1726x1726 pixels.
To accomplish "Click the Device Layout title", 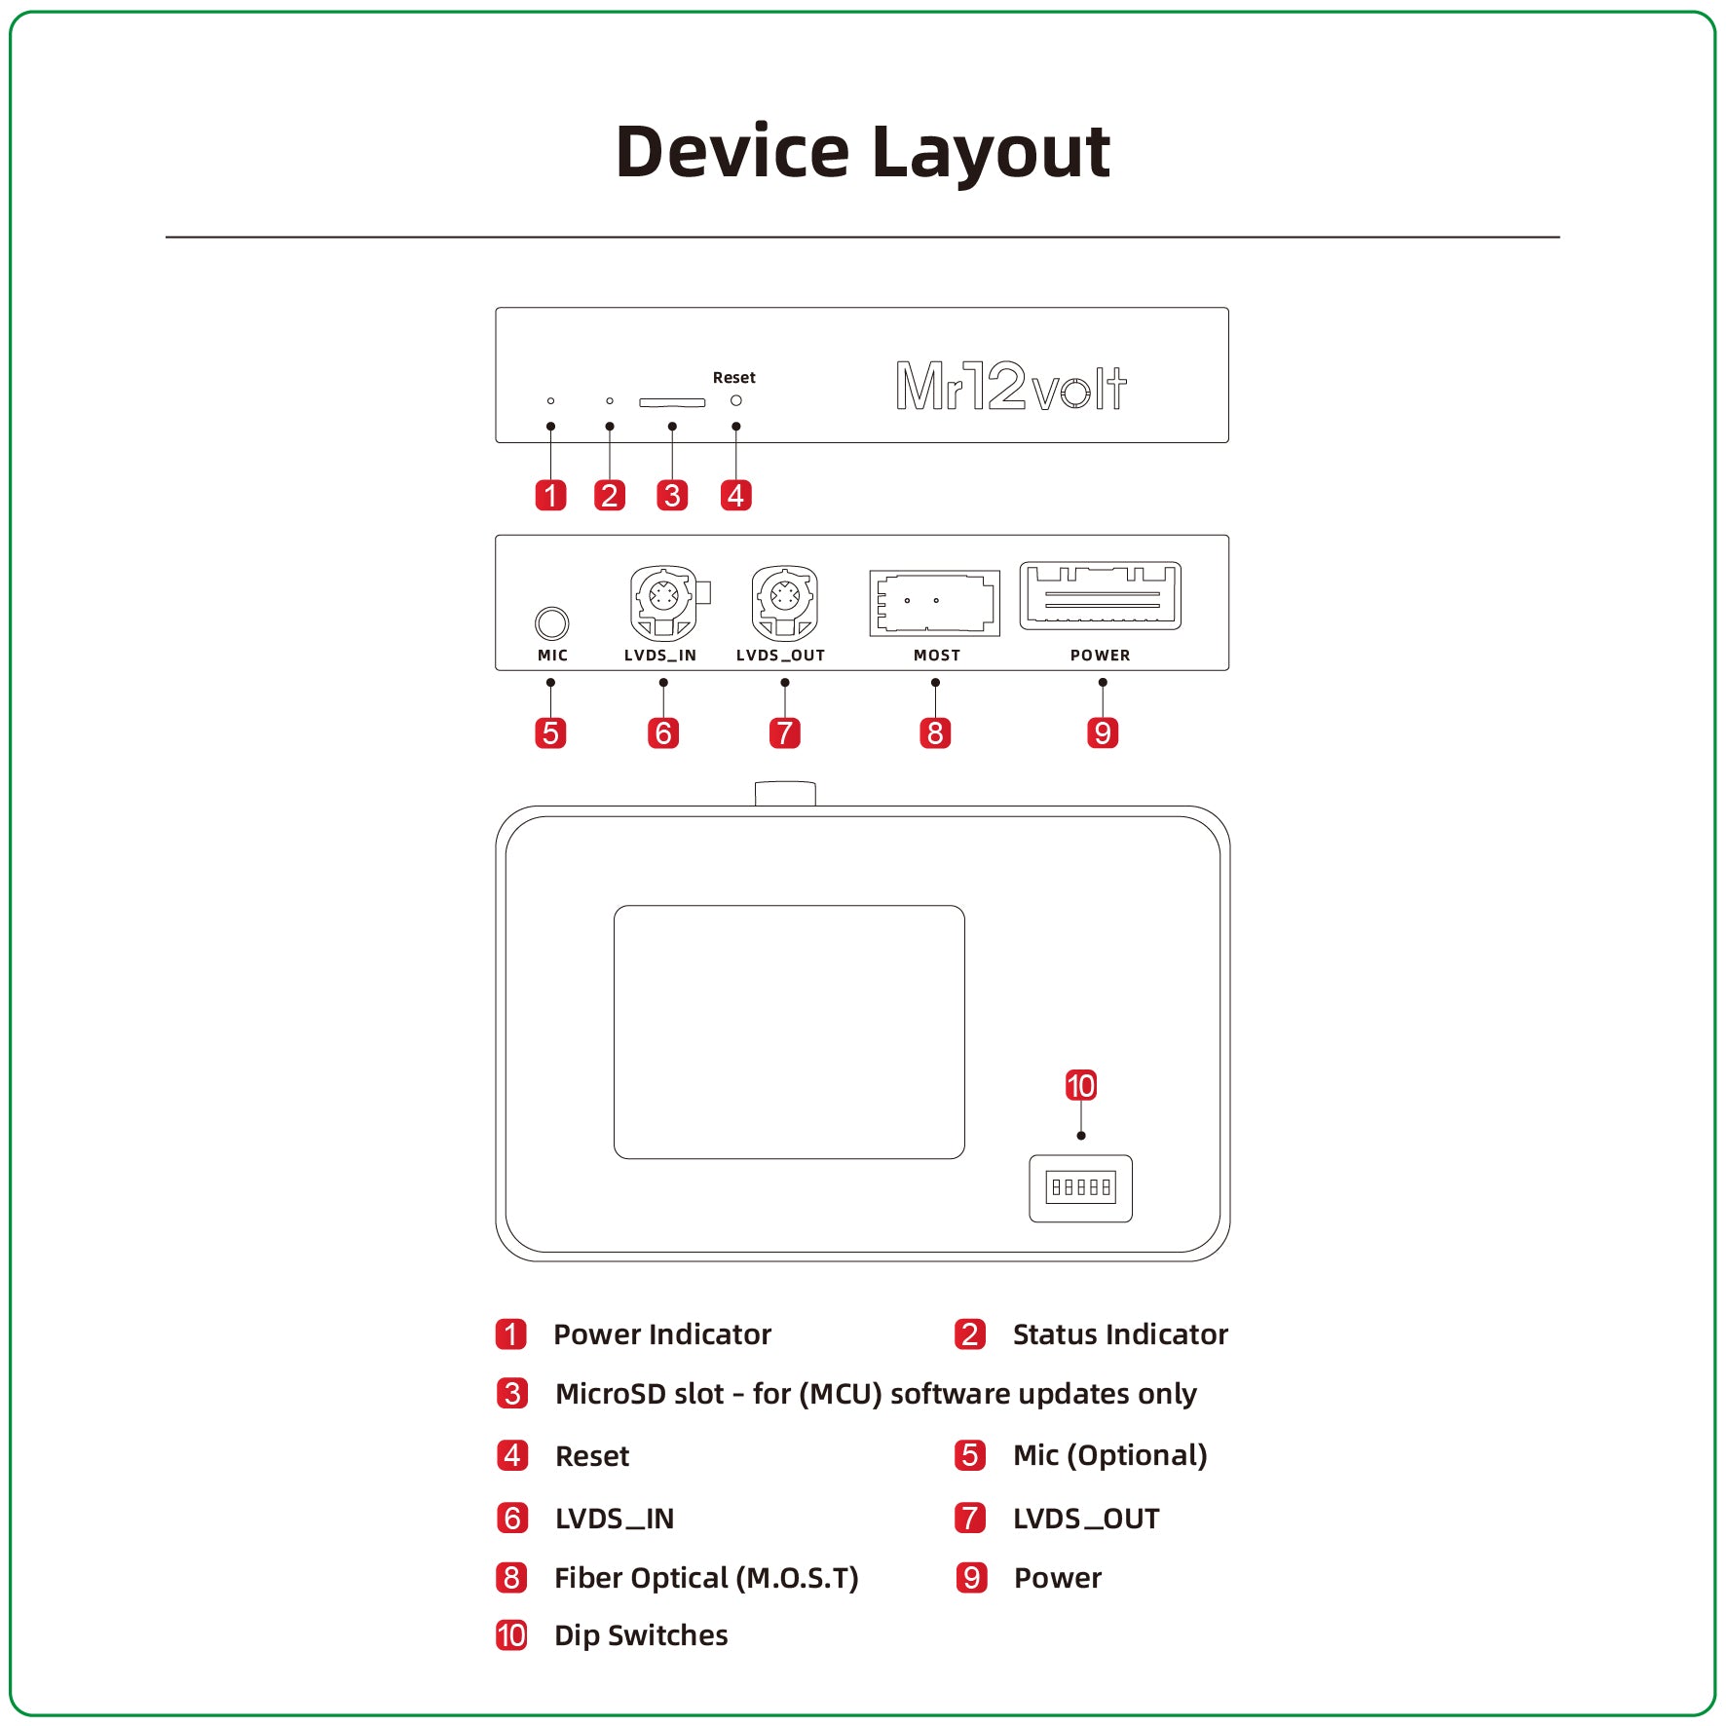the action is click(863, 153).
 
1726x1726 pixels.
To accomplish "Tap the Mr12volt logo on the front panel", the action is click(1011, 386).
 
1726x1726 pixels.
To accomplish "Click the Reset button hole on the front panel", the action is click(736, 400).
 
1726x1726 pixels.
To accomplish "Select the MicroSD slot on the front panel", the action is click(672, 402).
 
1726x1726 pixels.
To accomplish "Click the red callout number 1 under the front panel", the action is click(551, 495).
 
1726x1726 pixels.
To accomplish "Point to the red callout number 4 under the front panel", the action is click(736, 495).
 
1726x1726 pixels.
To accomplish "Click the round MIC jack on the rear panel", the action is click(552, 623).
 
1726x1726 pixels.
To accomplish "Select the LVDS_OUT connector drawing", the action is click(785, 602).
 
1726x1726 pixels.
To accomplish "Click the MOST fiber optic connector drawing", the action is click(935, 603).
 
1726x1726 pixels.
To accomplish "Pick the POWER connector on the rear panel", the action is click(1101, 595).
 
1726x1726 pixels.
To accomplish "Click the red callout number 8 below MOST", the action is click(935, 732).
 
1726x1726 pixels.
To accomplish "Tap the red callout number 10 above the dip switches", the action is click(1081, 1085).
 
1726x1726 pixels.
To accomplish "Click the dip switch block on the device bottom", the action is click(1081, 1187).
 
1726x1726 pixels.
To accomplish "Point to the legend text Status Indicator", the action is click(1120, 1333).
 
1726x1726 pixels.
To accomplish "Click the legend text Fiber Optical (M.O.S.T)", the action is click(706, 1578).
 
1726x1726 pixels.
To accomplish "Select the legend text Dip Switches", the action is click(641, 1635).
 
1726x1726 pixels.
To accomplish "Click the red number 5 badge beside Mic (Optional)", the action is click(971, 1455).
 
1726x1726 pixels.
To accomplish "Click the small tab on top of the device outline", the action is click(785, 793).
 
